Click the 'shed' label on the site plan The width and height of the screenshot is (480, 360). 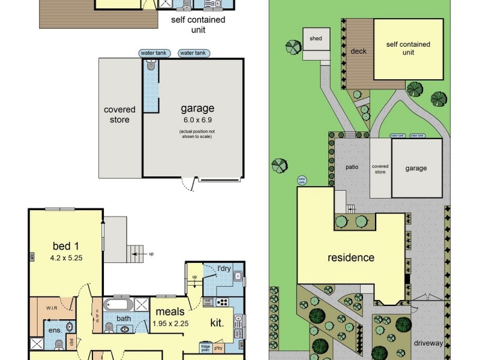click(x=316, y=38)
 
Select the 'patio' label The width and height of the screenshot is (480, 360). click(x=352, y=167)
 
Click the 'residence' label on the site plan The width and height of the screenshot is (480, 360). click(x=350, y=258)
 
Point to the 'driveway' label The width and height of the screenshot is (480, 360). click(x=428, y=344)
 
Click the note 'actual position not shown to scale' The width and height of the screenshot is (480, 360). click(x=197, y=134)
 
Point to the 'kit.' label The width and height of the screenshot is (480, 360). click(x=216, y=323)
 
